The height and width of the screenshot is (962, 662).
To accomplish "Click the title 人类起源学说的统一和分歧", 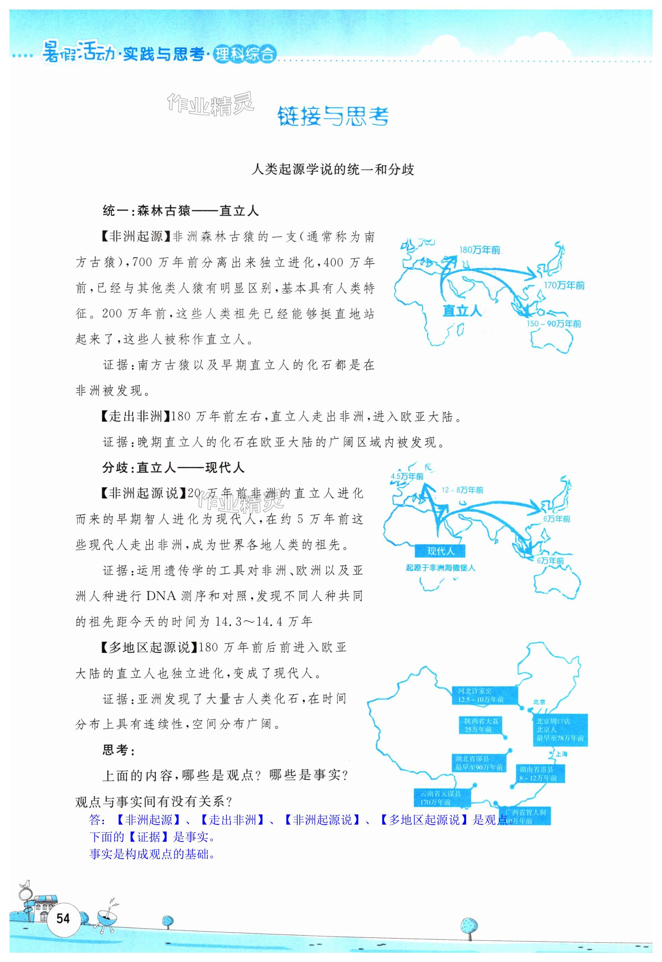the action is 333,170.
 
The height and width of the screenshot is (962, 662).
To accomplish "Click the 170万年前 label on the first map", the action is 564,286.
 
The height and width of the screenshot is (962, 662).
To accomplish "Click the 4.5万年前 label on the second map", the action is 407,476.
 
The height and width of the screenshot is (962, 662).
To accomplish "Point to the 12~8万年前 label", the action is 462,490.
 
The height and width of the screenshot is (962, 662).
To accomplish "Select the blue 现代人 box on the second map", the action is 440,551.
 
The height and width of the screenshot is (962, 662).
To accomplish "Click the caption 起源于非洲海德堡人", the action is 440,568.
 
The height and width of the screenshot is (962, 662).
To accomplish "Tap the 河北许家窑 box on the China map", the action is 484,695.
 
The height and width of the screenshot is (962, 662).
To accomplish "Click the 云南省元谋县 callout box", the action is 443,798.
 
